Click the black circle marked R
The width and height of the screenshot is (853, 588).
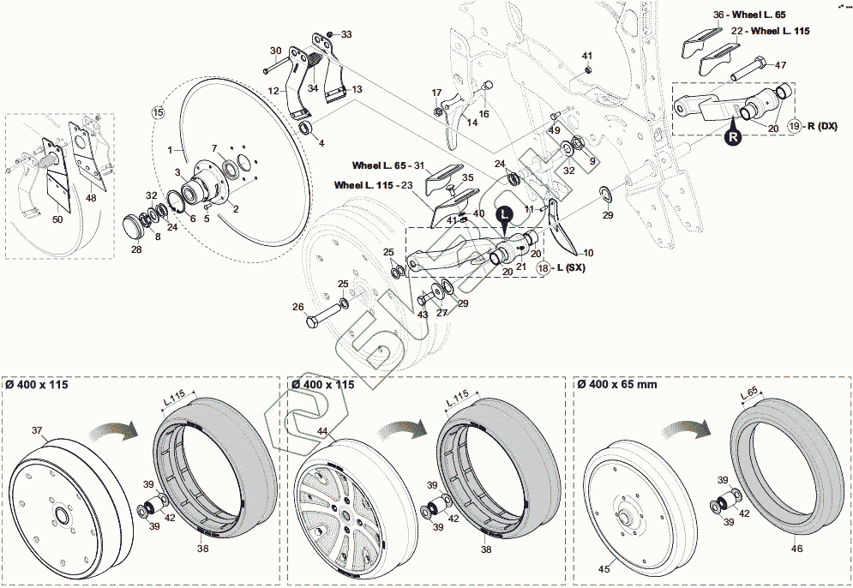click(x=734, y=135)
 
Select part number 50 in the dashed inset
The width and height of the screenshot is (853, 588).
click(x=57, y=220)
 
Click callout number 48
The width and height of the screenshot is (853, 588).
click(x=92, y=198)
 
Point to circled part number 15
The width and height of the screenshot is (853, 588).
click(x=158, y=112)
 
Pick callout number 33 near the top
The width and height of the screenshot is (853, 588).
click(x=345, y=34)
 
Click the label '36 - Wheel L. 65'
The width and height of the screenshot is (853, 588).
click(x=749, y=15)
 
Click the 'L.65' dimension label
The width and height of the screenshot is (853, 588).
click(x=748, y=394)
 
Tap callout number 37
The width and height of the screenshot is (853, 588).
click(x=37, y=429)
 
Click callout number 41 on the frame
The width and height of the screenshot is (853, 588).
click(x=587, y=57)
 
